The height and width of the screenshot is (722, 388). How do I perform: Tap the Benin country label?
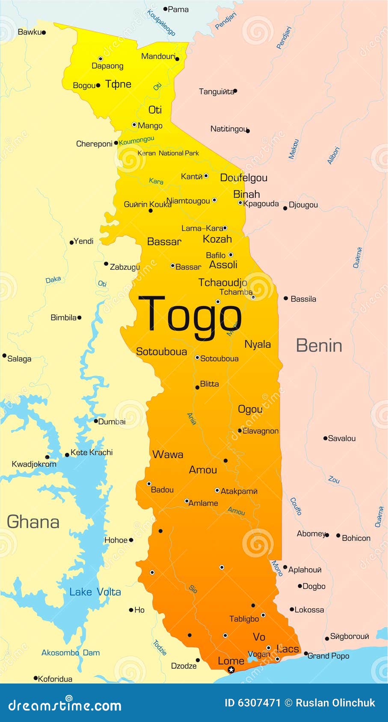(319, 346)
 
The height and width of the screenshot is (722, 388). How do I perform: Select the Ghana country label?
(33, 522)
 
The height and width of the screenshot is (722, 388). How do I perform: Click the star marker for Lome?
(231, 670)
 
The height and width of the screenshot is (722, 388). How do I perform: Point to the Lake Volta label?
(95, 592)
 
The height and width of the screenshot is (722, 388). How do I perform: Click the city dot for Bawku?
(44, 32)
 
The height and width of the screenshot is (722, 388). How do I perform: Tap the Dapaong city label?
(107, 66)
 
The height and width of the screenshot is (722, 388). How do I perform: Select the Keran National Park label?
(168, 153)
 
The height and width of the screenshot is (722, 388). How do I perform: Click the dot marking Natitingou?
(248, 131)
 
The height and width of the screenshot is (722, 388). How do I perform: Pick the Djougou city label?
(303, 205)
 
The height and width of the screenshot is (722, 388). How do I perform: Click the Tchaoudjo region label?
(222, 282)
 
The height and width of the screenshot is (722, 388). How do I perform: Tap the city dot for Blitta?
(197, 387)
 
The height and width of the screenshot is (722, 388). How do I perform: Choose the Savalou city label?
(341, 438)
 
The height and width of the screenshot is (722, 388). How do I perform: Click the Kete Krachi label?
(92, 452)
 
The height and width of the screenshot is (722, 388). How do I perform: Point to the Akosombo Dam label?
(71, 653)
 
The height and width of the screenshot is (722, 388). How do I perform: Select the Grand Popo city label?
(328, 656)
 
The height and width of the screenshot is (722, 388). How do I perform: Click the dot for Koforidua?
(36, 678)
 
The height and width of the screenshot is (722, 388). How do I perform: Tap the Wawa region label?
(168, 455)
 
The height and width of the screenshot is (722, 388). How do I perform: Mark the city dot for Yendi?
(71, 243)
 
